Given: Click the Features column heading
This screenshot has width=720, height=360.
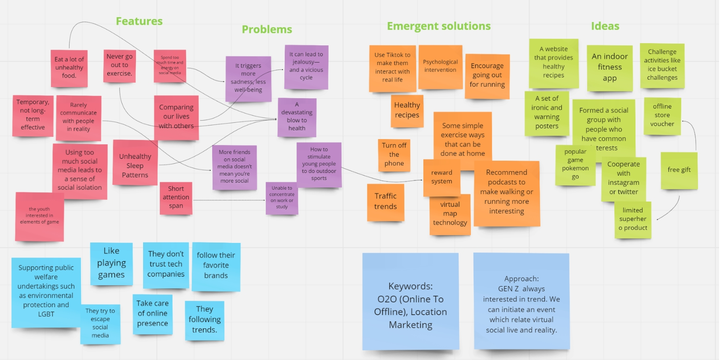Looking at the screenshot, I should click(139, 21).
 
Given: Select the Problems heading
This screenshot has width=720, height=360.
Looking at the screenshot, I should click(267, 29).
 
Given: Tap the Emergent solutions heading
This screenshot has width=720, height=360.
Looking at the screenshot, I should click(438, 26).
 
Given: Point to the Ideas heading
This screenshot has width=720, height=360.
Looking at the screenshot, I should click(605, 26).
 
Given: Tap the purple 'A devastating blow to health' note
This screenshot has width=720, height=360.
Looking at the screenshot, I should click(297, 117).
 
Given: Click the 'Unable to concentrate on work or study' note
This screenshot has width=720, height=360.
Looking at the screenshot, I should click(282, 198).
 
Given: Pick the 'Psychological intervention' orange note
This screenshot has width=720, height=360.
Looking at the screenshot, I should click(440, 66).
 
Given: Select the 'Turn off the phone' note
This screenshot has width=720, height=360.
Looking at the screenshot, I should click(394, 154).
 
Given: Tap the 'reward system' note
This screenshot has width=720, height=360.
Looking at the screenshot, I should click(441, 177).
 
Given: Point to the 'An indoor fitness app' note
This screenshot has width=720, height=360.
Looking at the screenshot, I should click(610, 67).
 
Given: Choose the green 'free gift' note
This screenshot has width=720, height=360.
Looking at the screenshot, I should click(679, 170).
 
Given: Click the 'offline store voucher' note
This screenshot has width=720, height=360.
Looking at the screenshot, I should click(662, 115).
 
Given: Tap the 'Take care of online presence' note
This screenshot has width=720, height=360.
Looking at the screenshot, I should click(152, 313).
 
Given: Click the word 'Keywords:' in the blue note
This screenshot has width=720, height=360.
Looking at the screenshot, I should click(410, 286).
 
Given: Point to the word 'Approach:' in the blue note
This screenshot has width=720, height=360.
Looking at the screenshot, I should click(521, 279).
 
